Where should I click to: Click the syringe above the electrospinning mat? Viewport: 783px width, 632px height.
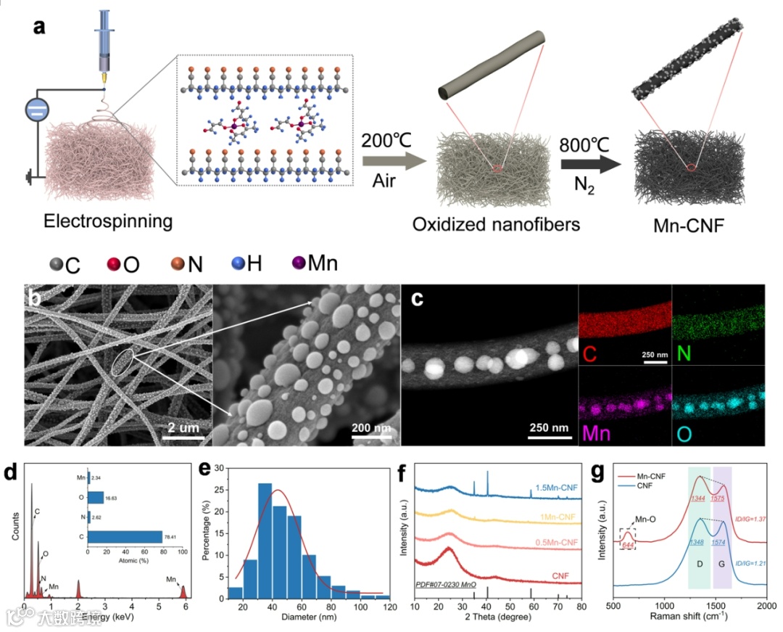(103, 44)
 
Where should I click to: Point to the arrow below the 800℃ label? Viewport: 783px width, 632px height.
(589, 165)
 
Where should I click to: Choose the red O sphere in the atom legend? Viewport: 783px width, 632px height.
(112, 263)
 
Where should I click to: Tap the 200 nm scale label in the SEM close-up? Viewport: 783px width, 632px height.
(372, 427)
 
